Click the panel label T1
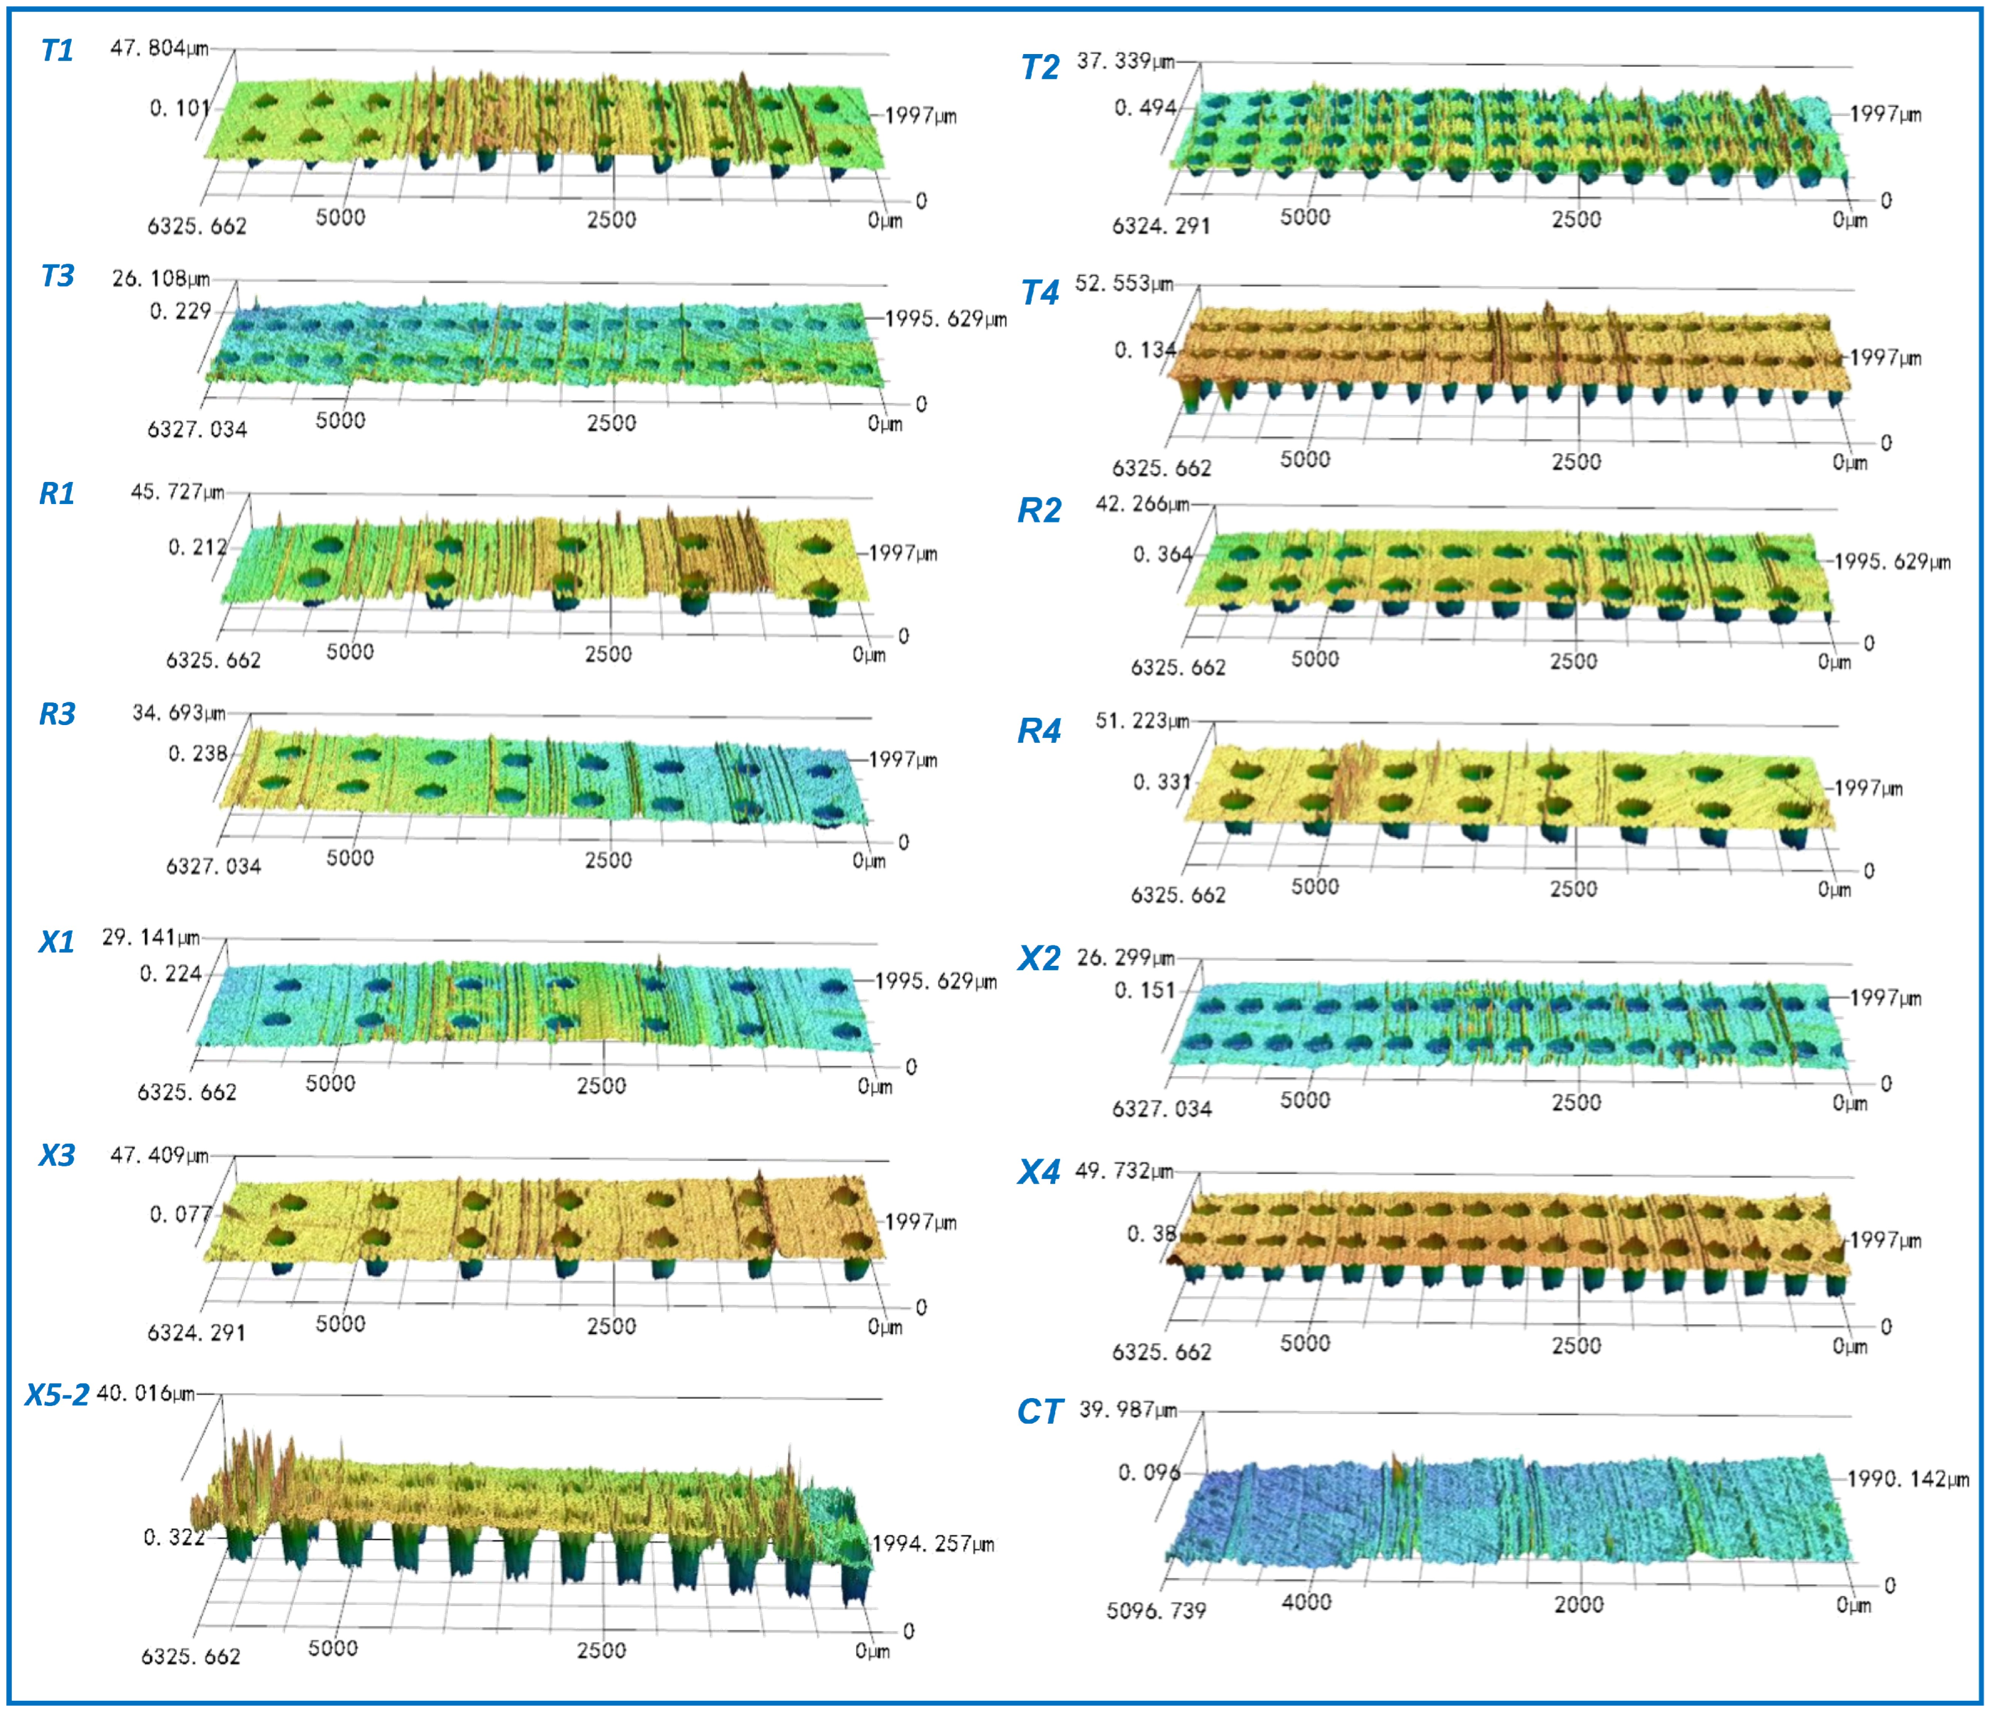tap(56, 50)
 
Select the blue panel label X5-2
tap(56, 1394)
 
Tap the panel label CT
tap(1039, 1412)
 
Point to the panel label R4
tap(1039, 732)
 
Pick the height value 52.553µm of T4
tap(1124, 284)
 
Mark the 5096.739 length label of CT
tap(1156, 1610)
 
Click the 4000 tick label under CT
tap(1306, 1601)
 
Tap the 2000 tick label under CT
tap(1578, 1604)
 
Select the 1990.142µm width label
tap(1907, 1478)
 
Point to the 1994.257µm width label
tap(932, 1544)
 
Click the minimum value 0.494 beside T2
tap(1145, 107)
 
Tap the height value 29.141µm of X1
tap(151, 937)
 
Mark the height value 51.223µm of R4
tap(1143, 721)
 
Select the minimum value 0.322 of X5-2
tap(174, 1537)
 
